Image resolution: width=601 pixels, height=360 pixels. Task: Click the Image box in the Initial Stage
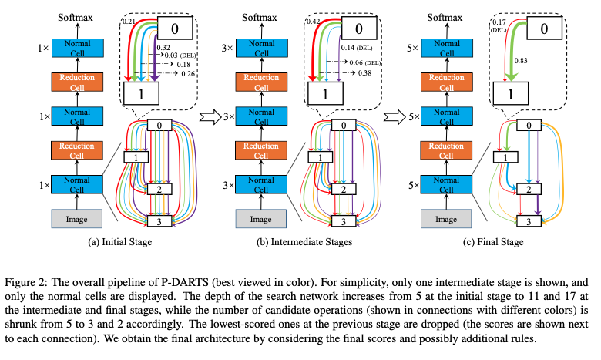[76, 219]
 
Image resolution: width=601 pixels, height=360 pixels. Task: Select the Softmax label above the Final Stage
[445, 17]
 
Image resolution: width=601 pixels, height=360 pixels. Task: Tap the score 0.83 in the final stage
[521, 61]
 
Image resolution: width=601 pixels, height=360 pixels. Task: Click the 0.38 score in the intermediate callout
[364, 72]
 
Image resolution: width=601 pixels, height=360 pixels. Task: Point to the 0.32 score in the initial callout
[163, 48]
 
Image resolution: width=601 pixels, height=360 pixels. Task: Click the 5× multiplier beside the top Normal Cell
[413, 49]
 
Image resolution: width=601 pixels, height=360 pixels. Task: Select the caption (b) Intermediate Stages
[304, 242]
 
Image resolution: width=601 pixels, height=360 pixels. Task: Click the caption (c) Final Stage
[493, 242]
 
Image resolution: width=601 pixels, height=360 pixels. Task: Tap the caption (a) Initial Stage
[120, 242]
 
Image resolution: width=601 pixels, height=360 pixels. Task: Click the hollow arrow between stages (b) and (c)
[395, 117]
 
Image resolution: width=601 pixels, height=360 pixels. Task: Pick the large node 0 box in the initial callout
[175, 28]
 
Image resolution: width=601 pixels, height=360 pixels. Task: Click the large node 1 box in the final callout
[511, 93]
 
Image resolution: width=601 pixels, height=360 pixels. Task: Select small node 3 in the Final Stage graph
[529, 221]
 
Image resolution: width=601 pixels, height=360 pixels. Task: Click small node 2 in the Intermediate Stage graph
[344, 189]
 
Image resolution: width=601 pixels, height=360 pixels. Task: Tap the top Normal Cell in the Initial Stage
[77, 48]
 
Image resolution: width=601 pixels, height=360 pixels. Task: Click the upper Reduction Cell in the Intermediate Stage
[261, 82]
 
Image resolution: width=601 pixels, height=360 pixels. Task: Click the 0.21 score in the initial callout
[129, 22]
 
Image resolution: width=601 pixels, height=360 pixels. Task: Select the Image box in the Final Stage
[446, 219]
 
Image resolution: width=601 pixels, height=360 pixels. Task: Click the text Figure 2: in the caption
[26, 283]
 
